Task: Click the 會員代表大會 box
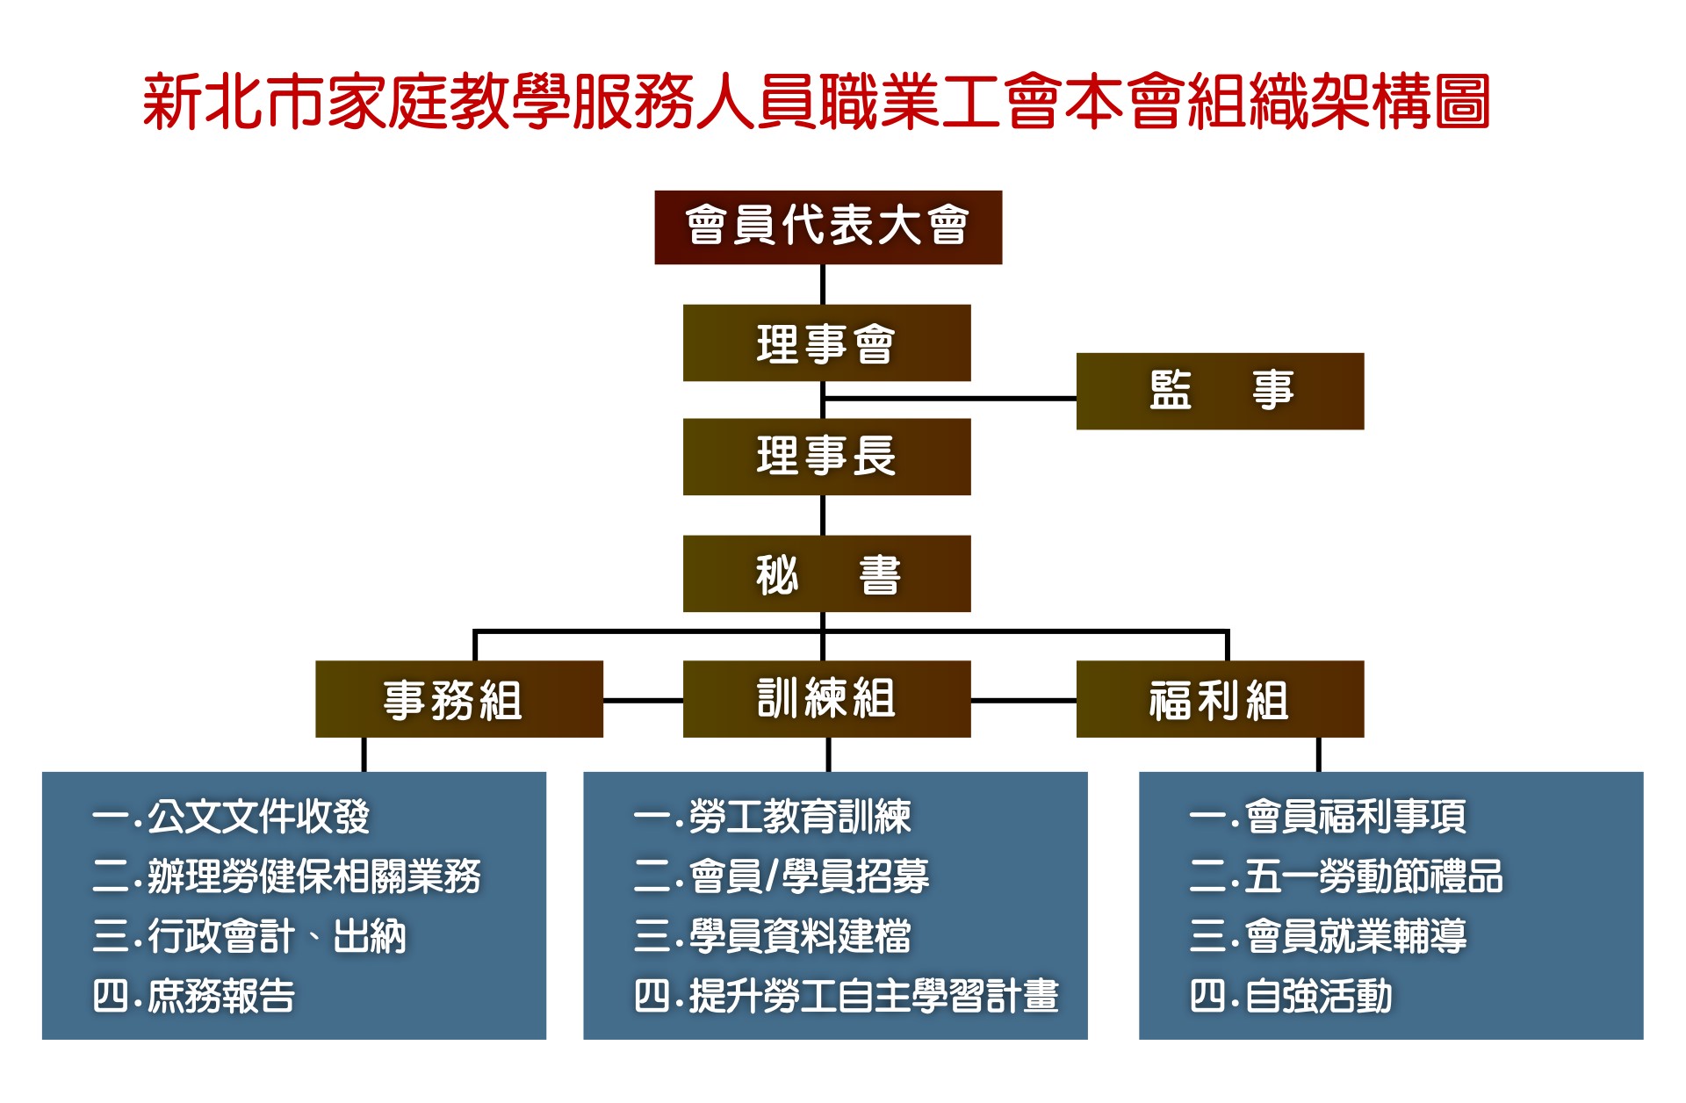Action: tap(828, 227)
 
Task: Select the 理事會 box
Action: tap(827, 342)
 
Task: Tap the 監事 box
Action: tap(1220, 391)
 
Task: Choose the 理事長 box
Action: tap(827, 457)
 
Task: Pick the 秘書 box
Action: tap(827, 573)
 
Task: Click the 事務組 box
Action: tap(459, 699)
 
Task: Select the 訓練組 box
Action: tap(827, 699)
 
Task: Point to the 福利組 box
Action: tap(1220, 699)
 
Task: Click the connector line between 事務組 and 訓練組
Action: tap(643, 701)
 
